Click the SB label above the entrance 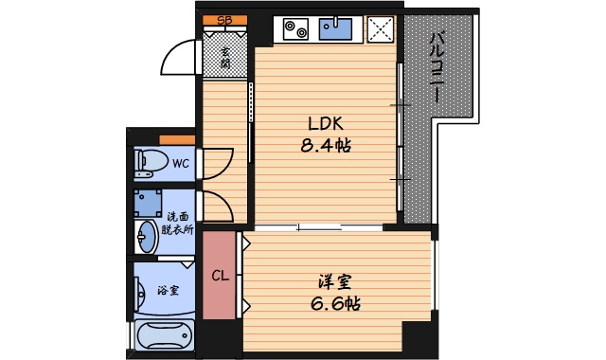[x=225, y=20]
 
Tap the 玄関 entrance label [x=226, y=57]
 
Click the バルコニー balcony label [x=437, y=68]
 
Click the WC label [x=180, y=163]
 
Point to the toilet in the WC [x=148, y=162]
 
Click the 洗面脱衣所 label [x=176, y=223]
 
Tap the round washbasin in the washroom [x=147, y=235]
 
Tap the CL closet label [x=219, y=277]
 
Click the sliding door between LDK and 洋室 [x=317, y=226]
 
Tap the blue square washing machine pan [x=147, y=202]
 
